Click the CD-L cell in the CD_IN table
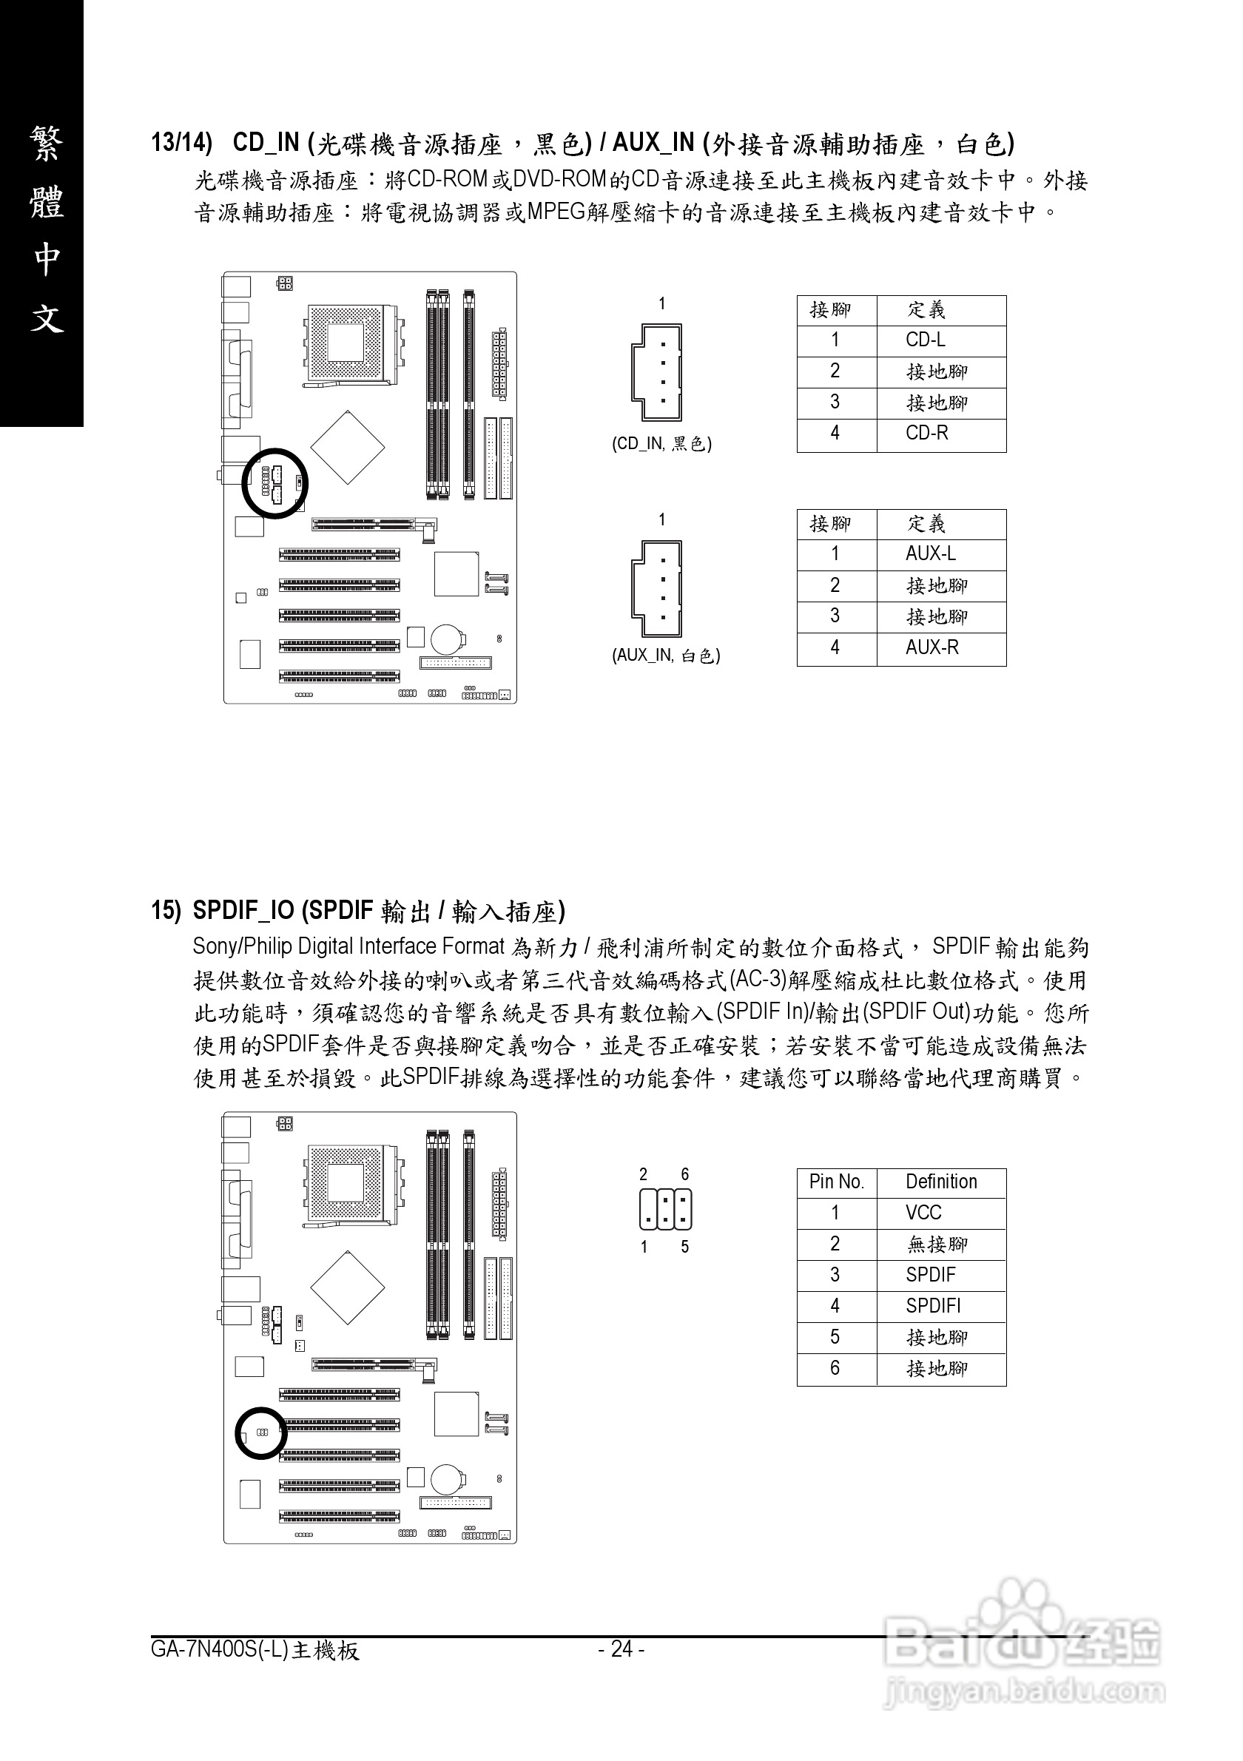pyautogui.click(x=925, y=340)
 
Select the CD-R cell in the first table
pyautogui.click(x=926, y=434)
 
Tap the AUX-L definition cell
pyautogui.click(x=930, y=553)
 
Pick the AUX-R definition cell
pyautogui.click(x=932, y=647)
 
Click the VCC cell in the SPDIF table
pyautogui.click(x=923, y=1213)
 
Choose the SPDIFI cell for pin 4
pyautogui.click(x=932, y=1305)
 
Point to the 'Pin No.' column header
pyautogui.click(x=836, y=1182)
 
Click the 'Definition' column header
pyautogui.click(x=941, y=1182)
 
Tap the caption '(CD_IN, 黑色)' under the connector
pyautogui.click(x=661, y=444)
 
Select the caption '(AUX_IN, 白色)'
pyautogui.click(x=666, y=656)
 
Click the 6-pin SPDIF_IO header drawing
pyautogui.click(x=665, y=1209)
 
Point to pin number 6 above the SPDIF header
pyautogui.click(x=685, y=1174)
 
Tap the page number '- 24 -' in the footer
pyautogui.click(x=621, y=1649)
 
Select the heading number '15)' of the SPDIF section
pyautogui.click(x=166, y=910)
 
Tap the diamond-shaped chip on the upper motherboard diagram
pyautogui.click(x=347, y=447)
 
